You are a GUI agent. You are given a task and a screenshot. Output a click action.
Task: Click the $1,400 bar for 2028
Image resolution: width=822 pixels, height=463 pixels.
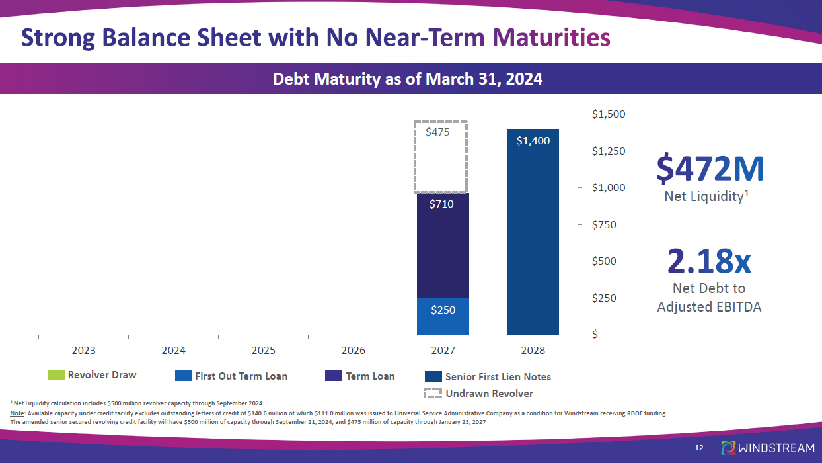coord(533,232)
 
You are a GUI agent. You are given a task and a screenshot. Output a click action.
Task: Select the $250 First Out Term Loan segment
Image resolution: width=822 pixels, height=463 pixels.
coord(443,316)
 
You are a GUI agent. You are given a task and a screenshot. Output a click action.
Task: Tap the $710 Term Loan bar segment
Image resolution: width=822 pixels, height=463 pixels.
coord(443,245)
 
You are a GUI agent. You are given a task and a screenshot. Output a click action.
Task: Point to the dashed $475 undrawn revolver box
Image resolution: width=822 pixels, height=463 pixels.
coord(441,157)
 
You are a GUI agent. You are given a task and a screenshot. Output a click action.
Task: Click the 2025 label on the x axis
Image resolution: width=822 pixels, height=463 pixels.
coord(264,351)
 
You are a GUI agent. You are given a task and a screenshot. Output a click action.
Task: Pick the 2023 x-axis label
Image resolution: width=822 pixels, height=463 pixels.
coord(84,351)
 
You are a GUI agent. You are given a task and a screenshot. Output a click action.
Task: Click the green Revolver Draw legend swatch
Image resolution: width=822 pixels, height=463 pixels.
coord(56,375)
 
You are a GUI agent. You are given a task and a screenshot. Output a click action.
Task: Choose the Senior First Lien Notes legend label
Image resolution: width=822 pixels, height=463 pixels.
coord(498,377)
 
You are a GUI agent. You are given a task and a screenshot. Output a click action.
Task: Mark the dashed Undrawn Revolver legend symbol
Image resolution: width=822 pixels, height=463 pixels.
coord(433,394)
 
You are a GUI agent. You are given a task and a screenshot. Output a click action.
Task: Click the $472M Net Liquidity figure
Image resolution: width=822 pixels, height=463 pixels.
coord(710,169)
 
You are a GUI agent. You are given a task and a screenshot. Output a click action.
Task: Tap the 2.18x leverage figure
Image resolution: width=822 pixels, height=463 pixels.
coord(709,261)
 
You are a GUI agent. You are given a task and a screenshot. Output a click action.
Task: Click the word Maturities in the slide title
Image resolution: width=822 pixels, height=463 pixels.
coord(552,37)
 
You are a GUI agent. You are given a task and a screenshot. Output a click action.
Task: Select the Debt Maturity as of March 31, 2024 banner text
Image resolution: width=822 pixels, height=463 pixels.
coord(408,79)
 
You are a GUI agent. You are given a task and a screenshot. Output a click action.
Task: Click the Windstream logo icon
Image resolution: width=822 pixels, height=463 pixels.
coord(728,448)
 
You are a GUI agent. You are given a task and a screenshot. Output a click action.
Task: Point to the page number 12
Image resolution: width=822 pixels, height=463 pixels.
coord(699,448)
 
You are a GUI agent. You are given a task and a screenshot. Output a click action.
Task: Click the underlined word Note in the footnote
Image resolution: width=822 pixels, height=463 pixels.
coord(18,413)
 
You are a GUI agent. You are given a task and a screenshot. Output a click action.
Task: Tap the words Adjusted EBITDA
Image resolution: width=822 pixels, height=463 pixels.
coord(709,307)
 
